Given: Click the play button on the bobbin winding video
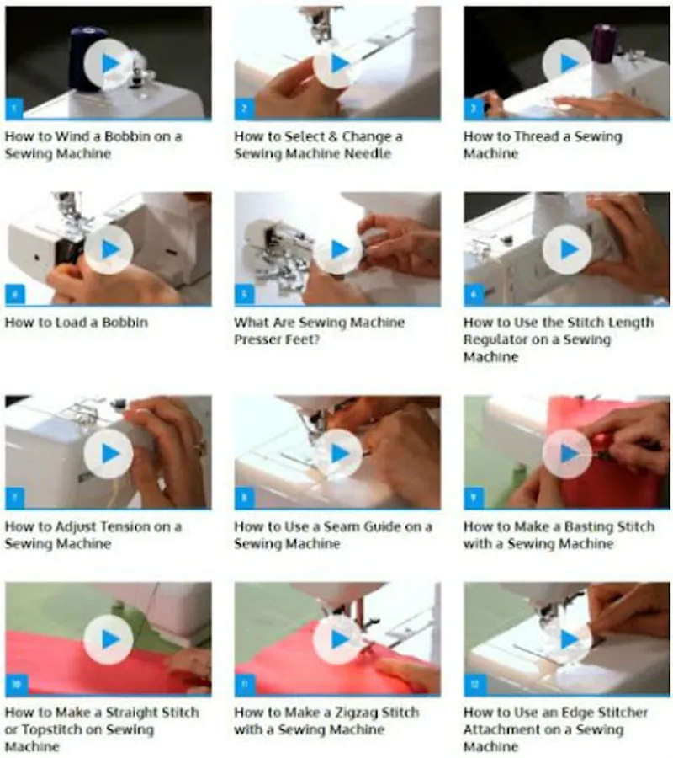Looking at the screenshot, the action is coord(109,63).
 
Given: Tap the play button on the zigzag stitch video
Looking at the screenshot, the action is coord(337,639).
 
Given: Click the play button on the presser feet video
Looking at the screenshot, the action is coord(337,249).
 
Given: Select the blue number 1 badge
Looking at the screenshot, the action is coord(14,108).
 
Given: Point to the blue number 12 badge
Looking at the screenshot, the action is coord(474,684).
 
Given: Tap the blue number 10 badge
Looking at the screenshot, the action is coord(15,684).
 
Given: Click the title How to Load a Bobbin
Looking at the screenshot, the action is coord(77,323).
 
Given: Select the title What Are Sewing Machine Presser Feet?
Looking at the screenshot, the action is coord(319,331).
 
